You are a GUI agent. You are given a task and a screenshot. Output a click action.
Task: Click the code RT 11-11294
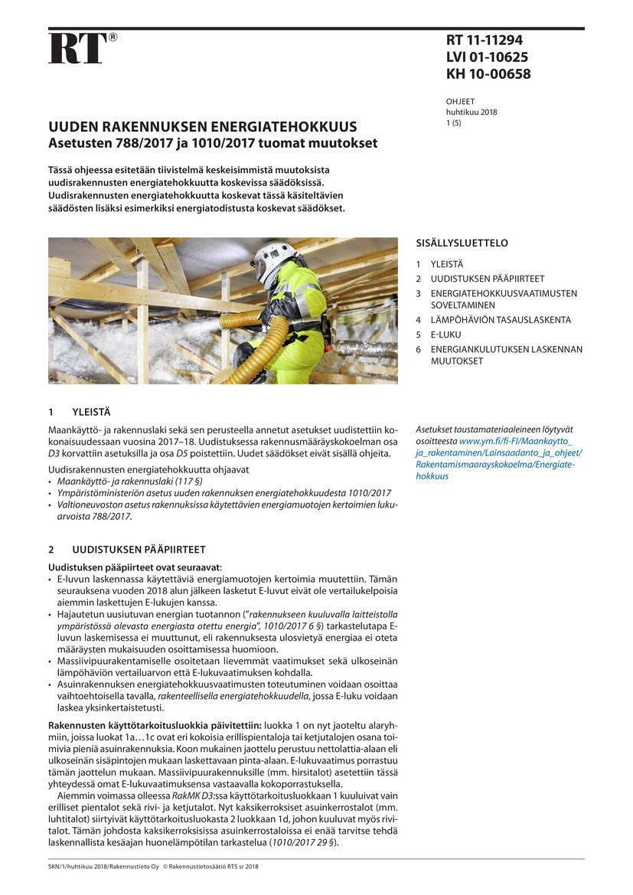click(484, 41)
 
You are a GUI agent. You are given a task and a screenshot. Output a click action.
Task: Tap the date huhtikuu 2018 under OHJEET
click(471, 112)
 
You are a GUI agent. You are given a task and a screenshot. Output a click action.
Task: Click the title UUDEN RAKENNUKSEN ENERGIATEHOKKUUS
click(203, 126)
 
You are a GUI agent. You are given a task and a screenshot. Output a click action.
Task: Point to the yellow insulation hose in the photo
click(260, 345)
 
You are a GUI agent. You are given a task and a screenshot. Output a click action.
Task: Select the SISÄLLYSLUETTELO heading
click(462, 243)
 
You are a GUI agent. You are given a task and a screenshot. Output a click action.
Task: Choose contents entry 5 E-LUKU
click(447, 335)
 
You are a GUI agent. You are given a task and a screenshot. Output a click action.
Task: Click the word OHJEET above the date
click(460, 101)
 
